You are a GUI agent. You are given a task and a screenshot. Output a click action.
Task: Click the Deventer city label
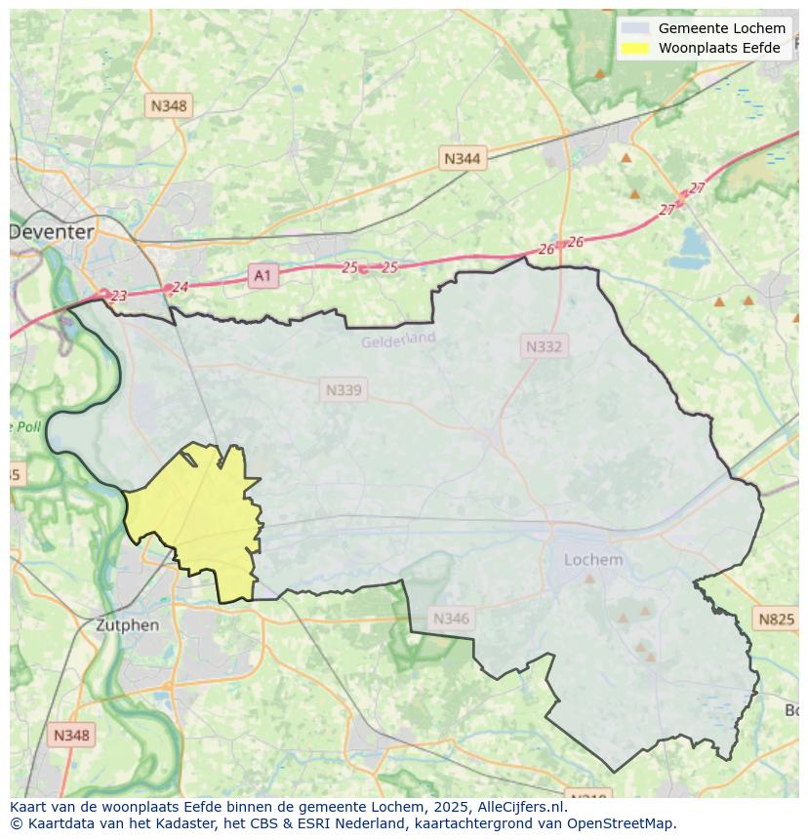(53, 232)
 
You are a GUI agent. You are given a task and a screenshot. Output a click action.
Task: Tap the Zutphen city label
(127, 624)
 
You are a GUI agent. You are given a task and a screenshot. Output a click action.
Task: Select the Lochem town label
(593, 560)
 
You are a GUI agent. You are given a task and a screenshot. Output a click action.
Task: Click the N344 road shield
(462, 158)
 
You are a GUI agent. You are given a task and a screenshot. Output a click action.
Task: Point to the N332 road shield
(544, 346)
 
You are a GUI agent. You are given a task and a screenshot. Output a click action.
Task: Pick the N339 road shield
(343, 390)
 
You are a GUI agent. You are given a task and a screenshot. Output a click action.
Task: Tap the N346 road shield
(451, 618)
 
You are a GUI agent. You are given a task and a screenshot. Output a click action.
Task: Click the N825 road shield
(777, 619)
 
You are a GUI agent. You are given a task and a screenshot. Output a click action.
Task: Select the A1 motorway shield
(263, 276)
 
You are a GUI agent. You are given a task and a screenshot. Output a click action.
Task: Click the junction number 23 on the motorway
(119, 296)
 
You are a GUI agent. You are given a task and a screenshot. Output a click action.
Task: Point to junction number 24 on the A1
(180, 287)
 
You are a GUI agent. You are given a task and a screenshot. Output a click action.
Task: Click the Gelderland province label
(398, 340)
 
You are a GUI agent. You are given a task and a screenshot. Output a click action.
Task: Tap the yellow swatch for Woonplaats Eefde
(635, 48)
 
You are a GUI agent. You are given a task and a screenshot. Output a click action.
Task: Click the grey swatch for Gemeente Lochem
(635, 28)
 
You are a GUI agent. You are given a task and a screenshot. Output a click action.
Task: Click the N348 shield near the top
(169, 105)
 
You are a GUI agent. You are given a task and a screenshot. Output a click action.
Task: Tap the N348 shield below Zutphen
(71, 736)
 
